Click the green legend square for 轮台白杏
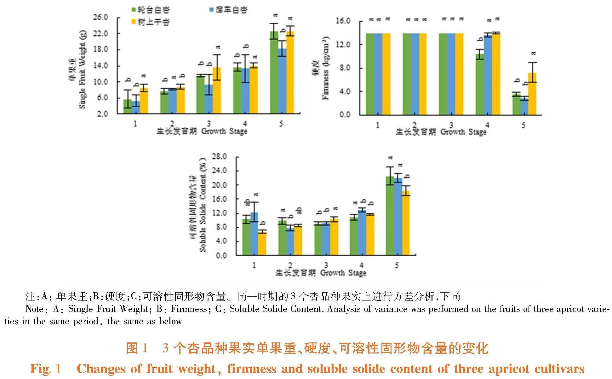(x=134, y=10)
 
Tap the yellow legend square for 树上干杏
(x=134, y=22)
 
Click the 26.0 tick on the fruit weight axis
(x=100, y=17)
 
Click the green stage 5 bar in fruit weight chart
(x=274, y=73)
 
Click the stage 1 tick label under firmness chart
(x=378, y=125)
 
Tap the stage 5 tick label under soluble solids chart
(x=397, y=265)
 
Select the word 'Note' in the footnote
(x=34, y=309)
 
